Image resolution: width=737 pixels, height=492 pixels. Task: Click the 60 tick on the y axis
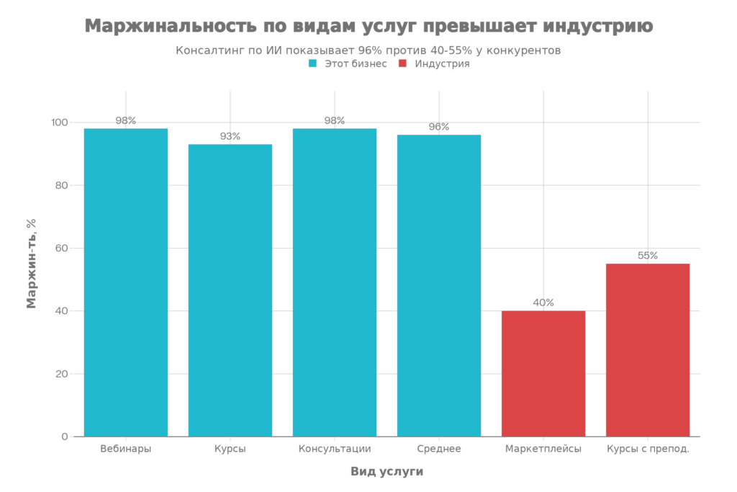pos(62,249)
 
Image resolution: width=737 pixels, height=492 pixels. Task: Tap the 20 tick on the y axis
pos(62,374)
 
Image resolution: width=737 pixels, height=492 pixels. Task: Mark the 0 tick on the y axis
pos(65,437)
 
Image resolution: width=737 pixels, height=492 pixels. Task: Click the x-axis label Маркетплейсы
pos(543,449)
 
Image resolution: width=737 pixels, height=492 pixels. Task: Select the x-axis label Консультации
pos(335,449)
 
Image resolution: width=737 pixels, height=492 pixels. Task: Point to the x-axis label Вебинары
pos(126,449)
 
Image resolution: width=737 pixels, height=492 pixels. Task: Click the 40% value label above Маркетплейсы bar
pos(543,303)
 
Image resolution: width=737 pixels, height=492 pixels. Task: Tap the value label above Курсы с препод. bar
pos(648,256)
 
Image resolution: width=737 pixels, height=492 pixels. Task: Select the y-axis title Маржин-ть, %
pos(31,264)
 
